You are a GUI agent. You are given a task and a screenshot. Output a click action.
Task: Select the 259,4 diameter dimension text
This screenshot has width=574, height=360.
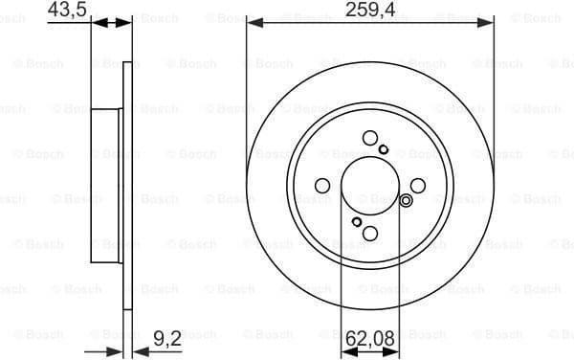(369, 10)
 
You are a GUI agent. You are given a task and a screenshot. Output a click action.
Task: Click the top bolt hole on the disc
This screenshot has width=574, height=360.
(370, 139)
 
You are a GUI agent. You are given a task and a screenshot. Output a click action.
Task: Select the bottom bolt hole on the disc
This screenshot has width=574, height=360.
(370, 234)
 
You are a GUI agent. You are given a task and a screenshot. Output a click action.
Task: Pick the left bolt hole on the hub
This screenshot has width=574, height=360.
(323, 186)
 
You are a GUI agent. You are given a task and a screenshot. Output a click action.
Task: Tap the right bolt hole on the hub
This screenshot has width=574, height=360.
(418, 186)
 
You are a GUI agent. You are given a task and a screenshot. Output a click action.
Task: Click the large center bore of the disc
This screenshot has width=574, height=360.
(370, 186)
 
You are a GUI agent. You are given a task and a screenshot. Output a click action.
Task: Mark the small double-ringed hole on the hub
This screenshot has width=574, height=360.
(406, 200)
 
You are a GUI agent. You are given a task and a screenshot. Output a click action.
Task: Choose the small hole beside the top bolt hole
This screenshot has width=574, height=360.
(384, 149)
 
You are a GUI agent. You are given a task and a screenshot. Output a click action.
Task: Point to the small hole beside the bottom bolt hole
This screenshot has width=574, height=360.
(357, 223)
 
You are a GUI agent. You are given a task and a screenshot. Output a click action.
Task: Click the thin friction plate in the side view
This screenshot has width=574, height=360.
(126, 186)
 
